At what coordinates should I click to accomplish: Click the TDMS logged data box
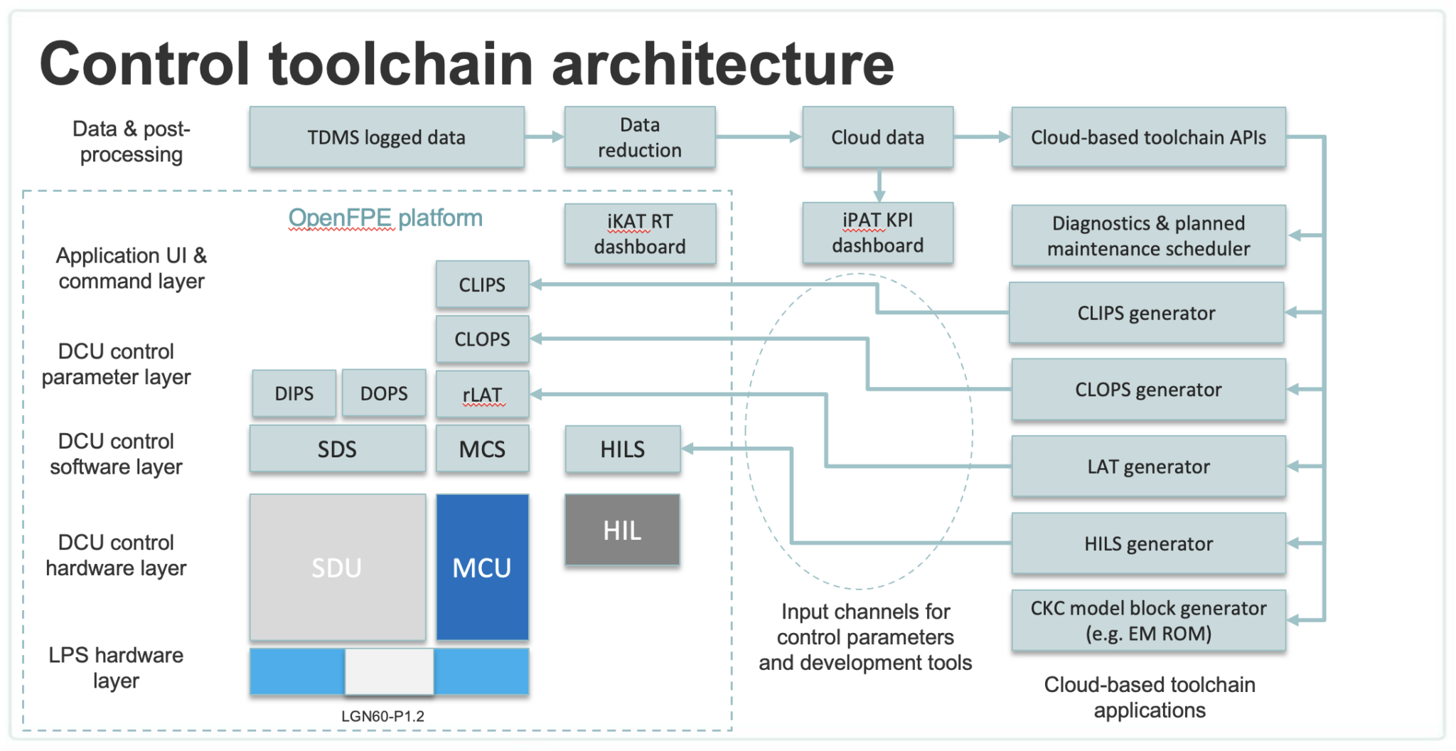387,137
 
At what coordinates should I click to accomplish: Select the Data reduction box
640,137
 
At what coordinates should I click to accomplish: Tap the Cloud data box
877,137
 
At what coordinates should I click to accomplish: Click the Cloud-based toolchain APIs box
1148,137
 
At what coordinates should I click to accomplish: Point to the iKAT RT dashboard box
640,234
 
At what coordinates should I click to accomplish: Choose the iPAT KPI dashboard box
877,233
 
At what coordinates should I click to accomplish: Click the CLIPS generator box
1146,313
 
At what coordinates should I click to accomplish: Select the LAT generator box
1148,467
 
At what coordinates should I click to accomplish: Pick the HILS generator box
1148,544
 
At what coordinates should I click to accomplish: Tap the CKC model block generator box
1148,620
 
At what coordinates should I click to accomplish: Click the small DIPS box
294,393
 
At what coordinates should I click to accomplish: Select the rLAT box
482,394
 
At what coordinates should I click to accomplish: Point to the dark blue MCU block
482,568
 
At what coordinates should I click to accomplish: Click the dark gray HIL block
622,531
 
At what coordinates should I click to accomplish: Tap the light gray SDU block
337,568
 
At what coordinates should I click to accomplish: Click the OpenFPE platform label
385,218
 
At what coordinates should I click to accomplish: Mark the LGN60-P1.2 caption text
382,716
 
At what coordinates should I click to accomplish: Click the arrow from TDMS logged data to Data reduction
545,137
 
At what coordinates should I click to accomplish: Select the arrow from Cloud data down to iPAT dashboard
879,186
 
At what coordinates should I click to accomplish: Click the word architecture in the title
722,64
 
